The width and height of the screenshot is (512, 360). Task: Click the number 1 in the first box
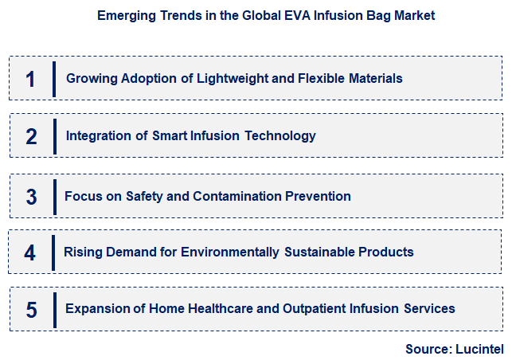click(30, 79)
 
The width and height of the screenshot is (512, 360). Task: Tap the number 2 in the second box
click(31, 136)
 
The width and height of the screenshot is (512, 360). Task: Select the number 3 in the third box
click(31, 197)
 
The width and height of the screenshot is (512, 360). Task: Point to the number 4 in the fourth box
click(30, 253)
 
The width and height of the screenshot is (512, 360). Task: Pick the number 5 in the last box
click(31, 310)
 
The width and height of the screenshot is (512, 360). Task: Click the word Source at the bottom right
click(428, 349)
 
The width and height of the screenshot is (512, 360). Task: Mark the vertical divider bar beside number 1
click(53, 79)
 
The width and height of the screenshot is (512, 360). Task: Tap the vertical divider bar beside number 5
click(54, 310)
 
